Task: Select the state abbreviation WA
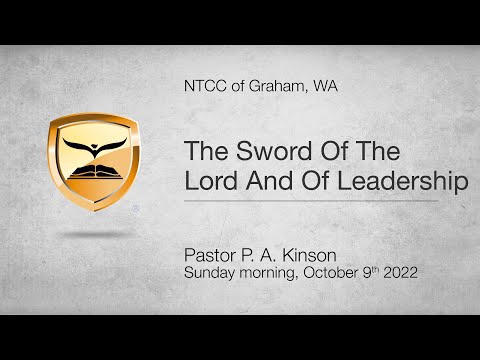click(x=324, y=87)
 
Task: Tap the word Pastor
click(x=214, y=252)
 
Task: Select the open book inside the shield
click(x=93, y=178)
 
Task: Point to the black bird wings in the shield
click(x=93, y=150)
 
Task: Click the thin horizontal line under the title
click(x=311, y=201)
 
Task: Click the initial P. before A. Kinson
click(x=260, y=252)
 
